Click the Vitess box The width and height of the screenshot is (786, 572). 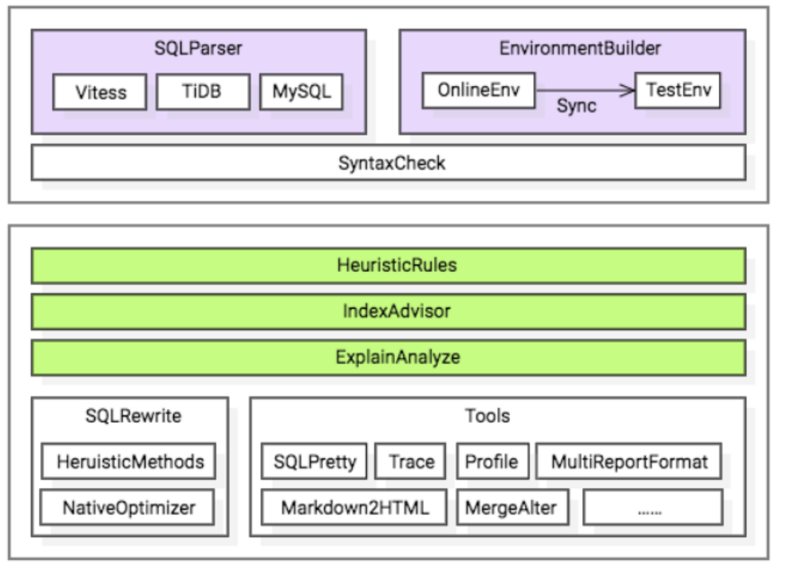click(101, 93)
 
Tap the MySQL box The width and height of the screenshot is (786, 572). click(301, 93)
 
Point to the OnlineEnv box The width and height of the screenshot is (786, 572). click(478, 90)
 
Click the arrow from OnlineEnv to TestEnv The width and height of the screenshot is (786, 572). click(584, 91)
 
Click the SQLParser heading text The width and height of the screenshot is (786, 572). click(199, 48)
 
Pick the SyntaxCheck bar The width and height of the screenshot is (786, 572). click(389, 164)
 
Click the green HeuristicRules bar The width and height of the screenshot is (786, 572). click(389, 266)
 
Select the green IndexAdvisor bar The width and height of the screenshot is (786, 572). click(389, 311)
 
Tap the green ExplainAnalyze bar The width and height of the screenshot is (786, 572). click(389, 357)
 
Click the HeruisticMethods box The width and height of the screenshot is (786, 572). click(130, 461)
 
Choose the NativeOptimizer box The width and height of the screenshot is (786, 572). click(130, 507)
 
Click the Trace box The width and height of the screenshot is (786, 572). click(412, 461)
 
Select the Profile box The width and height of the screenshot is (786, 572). click(491, 461)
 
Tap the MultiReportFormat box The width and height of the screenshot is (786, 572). click(630, 461)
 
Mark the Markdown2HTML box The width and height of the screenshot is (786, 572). click(354, 507)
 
